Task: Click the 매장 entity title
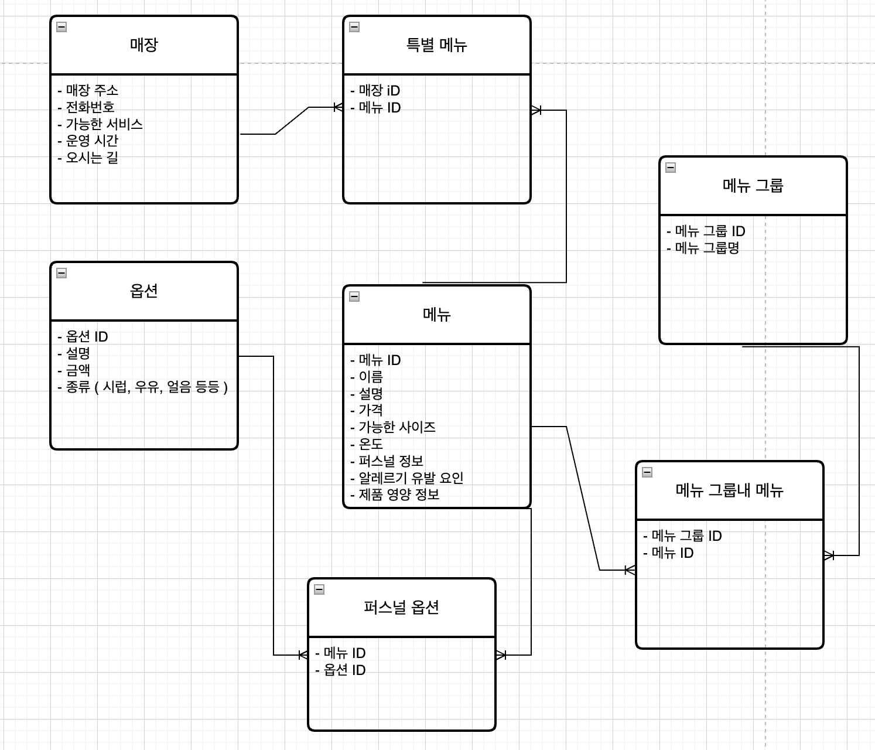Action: tap(143, 45)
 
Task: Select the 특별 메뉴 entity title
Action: tap(436, 45)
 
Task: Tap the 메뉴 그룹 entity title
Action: tap(753, 186)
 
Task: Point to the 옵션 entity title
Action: tap(143, 291)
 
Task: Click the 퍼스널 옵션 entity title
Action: tap(401, 608)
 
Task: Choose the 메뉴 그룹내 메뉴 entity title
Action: tap(729, 490)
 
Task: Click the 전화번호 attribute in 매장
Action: tap(90, 107)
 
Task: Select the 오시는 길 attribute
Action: tap(92, 158)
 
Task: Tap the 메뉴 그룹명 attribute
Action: tap(707, 248)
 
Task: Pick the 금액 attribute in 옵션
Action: tap(77, 370)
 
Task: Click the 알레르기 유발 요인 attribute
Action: tap(411, 478)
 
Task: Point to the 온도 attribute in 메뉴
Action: tap(370, 444)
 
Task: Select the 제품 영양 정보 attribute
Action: tap(399, 495)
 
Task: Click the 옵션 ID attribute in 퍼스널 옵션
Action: tap(344, 670)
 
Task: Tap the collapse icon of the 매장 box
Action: tap(61, 27)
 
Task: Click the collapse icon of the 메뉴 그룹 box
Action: tap(671, 168)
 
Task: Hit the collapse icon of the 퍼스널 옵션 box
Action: tap(319, 589)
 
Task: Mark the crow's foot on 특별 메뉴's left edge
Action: tap(338, 107)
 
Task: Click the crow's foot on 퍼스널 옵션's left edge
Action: tap(303, 654)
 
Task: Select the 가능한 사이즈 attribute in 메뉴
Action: tap(397, 427)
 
